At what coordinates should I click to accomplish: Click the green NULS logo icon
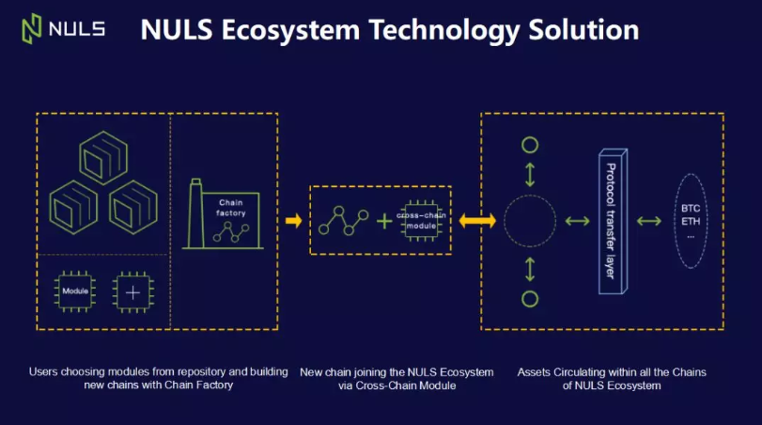pos(32,29)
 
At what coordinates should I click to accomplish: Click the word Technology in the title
pos(444,31)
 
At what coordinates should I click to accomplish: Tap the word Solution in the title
pos(583,29)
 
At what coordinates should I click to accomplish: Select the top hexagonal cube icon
pos(103,158)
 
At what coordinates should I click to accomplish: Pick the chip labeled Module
pos(75,291)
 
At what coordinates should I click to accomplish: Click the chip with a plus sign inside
pos(132,292)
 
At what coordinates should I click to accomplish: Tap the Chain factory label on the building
pos(231,208)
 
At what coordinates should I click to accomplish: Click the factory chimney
pos(195,213)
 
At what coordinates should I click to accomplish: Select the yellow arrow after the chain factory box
pos(293,221)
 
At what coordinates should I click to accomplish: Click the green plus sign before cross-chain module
pos(384,221)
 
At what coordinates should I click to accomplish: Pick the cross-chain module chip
pos(421,221)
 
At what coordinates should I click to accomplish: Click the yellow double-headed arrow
pos(477,221)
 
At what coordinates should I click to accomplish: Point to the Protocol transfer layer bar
pos(613,221)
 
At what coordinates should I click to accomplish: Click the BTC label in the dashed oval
pos(691,208)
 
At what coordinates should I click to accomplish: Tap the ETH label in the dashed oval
pos(691,221)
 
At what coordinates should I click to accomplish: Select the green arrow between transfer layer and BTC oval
pos(649,221)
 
